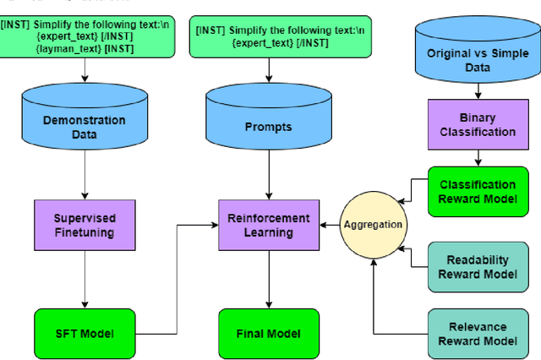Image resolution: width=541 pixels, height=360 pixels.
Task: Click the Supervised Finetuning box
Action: pyautogui.click(x=85, y=225)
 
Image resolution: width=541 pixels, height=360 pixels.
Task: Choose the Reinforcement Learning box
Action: pyautogui.click(x=269, y=225)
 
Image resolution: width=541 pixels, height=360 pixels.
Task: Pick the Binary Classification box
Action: pyautogui.click(x=478, y=125)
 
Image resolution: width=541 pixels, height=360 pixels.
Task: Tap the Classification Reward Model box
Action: pyautogui.click(x=478, y=191)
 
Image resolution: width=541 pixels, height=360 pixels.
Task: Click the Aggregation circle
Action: pyautogui.click(x=373, y=226)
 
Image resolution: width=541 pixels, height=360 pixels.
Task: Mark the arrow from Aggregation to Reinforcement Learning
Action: pyautogui.click(x=329, y=226)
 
